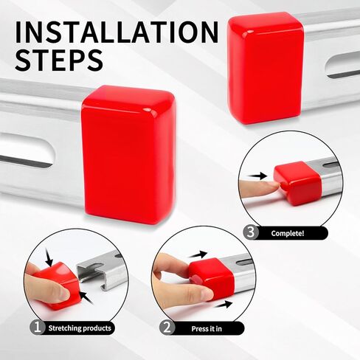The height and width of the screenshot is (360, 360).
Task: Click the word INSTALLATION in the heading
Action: [x=117, y=32]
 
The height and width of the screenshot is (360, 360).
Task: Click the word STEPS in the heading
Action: [x=59, y=60]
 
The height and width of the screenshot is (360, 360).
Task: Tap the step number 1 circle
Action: [x=38, y=328]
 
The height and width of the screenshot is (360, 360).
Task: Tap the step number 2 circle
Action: [x=167, y=328]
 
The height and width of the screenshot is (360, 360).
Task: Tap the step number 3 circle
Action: [x=251, y=232]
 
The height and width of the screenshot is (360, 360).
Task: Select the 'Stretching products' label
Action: [x=80, y=328]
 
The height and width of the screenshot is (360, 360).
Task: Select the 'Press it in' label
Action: [x=207, y=329]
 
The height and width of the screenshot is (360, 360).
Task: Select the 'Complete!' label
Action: [x=288, y=233]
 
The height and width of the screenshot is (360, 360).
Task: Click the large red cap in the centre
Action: [x=128, y=154]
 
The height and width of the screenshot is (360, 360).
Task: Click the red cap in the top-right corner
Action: [x=265, y=68]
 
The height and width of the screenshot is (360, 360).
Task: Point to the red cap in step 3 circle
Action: [x=297, y=183]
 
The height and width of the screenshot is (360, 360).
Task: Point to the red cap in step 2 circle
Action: [x=212, y=278]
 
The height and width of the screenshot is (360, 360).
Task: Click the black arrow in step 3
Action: [x=257, y=176]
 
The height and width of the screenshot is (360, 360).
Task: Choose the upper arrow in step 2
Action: [x=198, y=255]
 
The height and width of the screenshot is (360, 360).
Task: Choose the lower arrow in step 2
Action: [x=224, y=305]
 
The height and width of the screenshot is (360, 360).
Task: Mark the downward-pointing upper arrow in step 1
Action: [x=49, y=257]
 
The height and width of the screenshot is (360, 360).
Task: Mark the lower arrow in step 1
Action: [x=86, y=298]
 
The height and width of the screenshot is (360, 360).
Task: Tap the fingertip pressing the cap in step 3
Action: [x=273, y=187]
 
